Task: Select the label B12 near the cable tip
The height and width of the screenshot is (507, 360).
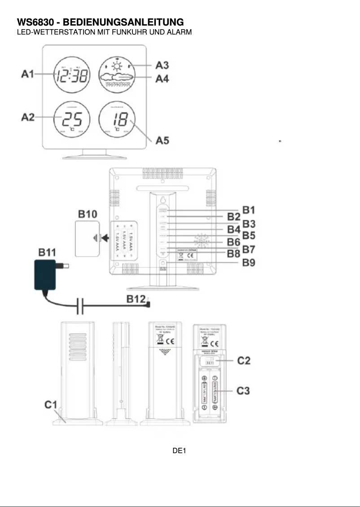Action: pyautogui.click(x=135, y=299)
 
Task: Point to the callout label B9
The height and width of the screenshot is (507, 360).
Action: pyautogui.click(x=250, y=262)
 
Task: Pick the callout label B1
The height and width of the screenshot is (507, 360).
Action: pyautogui.click(x=250, y=209)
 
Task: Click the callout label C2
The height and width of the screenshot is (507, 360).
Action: pyautogui.click(x=244, y=360)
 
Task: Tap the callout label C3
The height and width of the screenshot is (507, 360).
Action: pyautogui.click(x=244, y=390)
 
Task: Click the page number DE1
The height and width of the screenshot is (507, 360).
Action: pyautogui.click(x=179, y=450)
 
